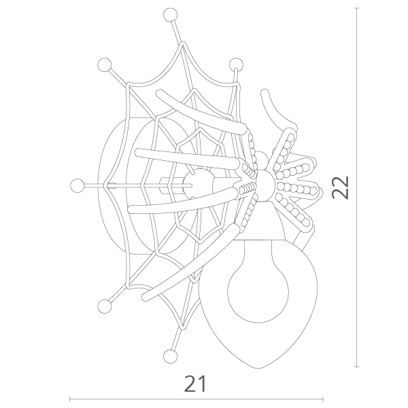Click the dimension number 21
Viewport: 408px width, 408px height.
[195, 384]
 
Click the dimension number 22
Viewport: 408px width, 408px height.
[340, 187]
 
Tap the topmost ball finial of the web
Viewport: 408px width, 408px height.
[170, 15]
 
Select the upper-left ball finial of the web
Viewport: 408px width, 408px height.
[105, 64]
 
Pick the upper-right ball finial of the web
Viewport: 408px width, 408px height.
[237, 64]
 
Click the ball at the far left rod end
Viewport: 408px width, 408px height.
[77, 186]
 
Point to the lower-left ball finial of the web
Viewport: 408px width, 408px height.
[105, 306]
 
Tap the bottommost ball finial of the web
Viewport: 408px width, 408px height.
[170, 356]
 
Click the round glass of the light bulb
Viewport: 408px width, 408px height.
[258, 292]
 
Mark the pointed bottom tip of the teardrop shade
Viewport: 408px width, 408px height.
[258, 368]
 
